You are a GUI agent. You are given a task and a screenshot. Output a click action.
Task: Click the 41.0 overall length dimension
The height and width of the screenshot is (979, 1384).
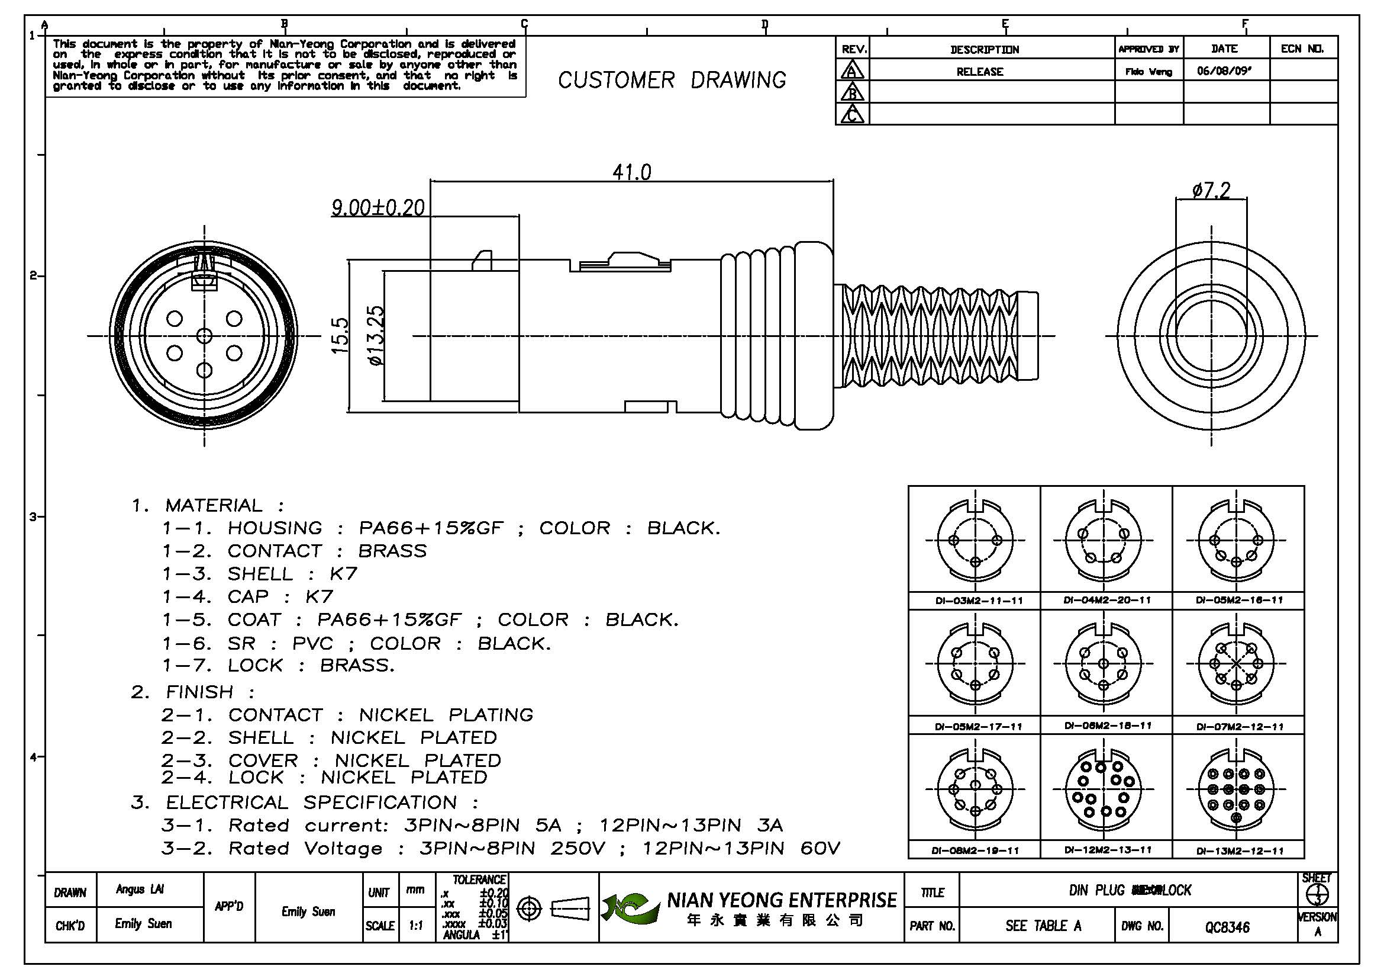(x=632, y=173)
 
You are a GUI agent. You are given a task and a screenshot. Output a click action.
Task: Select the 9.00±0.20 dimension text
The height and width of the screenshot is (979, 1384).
(x=378, y=208)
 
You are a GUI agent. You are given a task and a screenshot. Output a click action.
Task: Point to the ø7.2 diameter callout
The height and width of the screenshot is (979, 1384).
(x=1211, y=191)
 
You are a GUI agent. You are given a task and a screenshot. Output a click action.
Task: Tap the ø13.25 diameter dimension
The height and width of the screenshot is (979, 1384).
(x=376, y=336)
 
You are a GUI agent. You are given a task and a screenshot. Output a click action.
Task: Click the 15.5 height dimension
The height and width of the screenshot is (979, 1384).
(x=341, y=336)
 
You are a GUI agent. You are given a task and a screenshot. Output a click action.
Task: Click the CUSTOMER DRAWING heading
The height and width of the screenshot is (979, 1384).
(x=672, y=80)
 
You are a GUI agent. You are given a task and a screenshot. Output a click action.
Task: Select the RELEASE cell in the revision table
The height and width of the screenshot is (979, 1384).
(x=979, y=72)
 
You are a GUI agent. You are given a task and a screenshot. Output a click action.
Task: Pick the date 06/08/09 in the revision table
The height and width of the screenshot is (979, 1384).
(x=1224, y=71)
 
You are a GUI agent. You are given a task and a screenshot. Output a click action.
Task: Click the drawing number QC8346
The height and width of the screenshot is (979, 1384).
(x=1227, y=927)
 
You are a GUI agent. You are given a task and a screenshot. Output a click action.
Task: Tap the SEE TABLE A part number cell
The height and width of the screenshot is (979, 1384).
(x=1043, y=926)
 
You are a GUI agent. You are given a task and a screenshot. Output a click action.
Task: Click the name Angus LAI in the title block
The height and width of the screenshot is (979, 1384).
(x=139, y=890)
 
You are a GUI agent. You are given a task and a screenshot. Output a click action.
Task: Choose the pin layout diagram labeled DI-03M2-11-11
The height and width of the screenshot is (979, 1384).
(x=975, y=540)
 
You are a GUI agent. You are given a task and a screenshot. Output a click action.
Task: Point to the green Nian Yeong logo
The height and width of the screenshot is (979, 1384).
(x=630, y=908)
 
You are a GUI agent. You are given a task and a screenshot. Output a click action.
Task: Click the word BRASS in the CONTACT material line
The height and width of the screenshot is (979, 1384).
(x=392, y=551)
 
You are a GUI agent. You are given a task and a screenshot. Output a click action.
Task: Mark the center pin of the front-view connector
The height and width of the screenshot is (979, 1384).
(x=204, y=336)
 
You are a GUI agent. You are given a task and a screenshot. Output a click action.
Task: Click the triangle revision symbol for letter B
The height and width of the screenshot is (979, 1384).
(x=852, y=92)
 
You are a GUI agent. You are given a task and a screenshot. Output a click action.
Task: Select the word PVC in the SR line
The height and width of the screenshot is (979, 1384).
(x=312, y=644)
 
